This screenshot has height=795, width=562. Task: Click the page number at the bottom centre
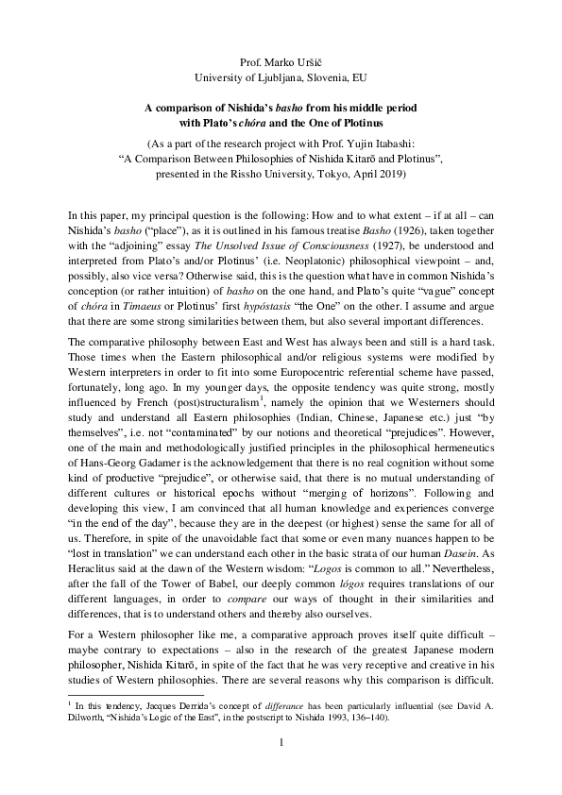281,741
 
